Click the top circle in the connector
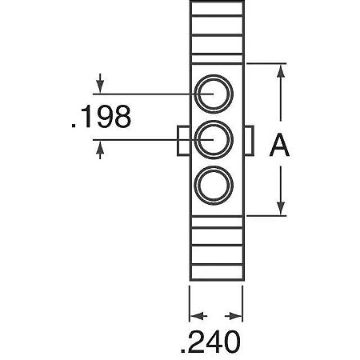coord(216,94)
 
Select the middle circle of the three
coord(216,141)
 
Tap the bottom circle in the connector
coord(216,187)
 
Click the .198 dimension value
coord(101,118)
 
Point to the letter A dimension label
coord(279,146)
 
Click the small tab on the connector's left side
coord(183,141)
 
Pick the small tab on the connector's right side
coord(248,141)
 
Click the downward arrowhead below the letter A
coord(280,207)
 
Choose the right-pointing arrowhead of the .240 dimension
coord(237,314)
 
